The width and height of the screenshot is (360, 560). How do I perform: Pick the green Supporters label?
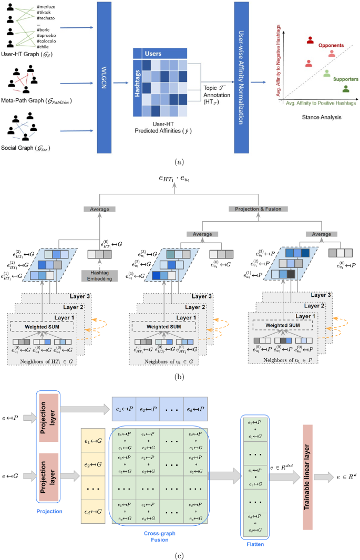(345, 79)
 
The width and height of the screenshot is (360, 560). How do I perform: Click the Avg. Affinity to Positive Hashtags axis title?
(321, 104)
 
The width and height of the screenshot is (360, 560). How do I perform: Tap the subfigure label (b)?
(180, 377)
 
